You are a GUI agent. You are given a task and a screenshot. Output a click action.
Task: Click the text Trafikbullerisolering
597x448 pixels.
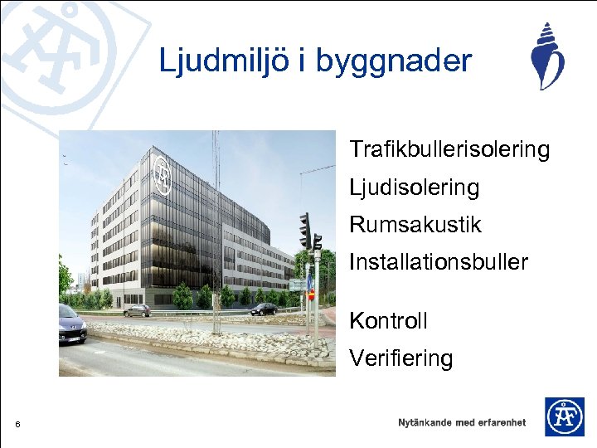click(449, 149)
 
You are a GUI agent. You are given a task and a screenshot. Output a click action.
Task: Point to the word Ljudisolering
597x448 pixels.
click(414, 187)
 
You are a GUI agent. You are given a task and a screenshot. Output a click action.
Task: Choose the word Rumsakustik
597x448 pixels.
click(415, 225)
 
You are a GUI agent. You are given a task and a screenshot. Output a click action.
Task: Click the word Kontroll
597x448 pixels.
click(388, 320)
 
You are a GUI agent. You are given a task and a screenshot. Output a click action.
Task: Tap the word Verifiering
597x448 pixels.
click(400, 359)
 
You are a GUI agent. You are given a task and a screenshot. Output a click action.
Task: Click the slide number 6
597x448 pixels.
click(17, 426)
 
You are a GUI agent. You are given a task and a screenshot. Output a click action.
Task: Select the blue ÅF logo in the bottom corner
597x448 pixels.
click(564, 416)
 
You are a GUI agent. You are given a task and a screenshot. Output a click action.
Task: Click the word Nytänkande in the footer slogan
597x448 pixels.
click(425, 422)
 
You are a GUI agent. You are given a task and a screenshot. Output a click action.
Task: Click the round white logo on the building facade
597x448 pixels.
click(163, 177)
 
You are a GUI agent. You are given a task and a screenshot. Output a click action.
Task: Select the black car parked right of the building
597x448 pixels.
click(263, 309)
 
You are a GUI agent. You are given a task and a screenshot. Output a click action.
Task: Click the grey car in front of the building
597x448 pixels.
click(137, 310)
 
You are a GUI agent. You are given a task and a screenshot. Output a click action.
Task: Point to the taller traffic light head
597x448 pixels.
click(305, 230)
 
